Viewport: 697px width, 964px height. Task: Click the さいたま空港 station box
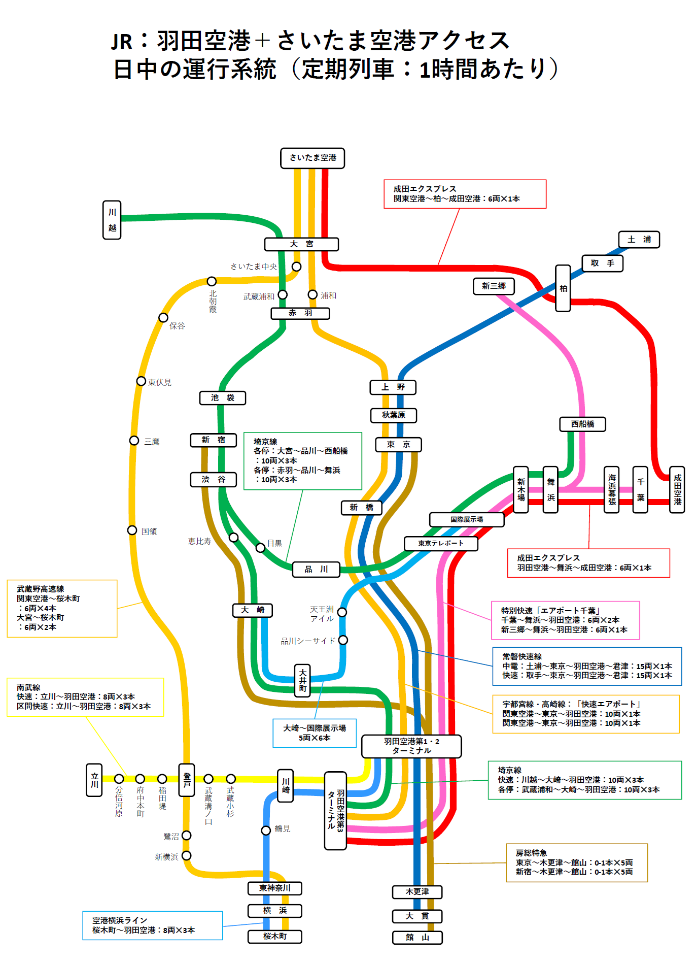(312, 158)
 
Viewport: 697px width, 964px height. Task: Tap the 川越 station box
(112, 220)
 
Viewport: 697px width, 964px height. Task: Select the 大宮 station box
(301, 244)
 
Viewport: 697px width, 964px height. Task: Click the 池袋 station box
(223, 398)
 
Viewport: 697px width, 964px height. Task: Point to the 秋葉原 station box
(394, 415)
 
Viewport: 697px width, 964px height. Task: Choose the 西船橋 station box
(582, 424)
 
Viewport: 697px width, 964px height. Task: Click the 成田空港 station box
(677, 490)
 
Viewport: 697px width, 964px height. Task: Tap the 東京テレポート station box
(441, 544)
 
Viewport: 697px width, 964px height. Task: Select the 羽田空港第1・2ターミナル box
(411, 746)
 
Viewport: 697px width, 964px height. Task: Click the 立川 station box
(94, 780)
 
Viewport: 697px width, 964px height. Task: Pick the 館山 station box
(417, 938)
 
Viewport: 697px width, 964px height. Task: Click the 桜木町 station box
(275, 937)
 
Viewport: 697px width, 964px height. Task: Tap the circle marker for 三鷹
(134, 441)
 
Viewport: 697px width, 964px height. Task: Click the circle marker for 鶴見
(266, 830)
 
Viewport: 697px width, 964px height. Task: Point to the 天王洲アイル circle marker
(342, 612)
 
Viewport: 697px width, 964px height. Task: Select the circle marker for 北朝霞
(212, 281)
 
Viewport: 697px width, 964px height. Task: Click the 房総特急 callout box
(577, 862)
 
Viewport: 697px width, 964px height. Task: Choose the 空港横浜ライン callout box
(153, 925)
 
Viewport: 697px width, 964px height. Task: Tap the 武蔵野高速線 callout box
(62, 608)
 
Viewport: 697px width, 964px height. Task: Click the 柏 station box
(563, 288)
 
